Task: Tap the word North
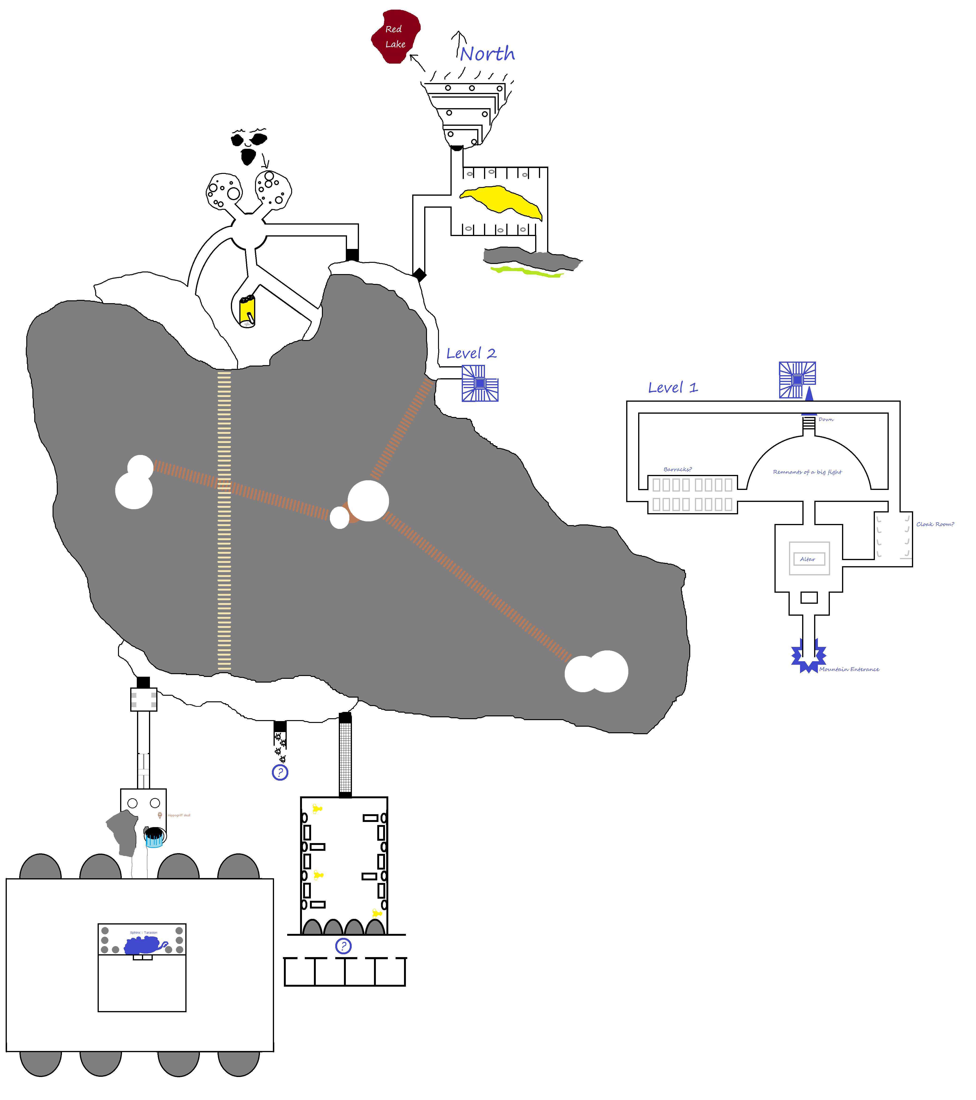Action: coord(487,54)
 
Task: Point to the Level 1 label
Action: coord(673,387)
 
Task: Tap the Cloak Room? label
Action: coord(935,524)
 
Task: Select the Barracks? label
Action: coord(677,469)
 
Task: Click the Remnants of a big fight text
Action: coord(807,472)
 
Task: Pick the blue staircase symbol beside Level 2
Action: coord(480,383)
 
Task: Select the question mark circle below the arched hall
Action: coord(343,946)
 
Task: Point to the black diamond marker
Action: coord(419,275)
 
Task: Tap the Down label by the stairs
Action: coord(826,419)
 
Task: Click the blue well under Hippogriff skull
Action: coord(154,837)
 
